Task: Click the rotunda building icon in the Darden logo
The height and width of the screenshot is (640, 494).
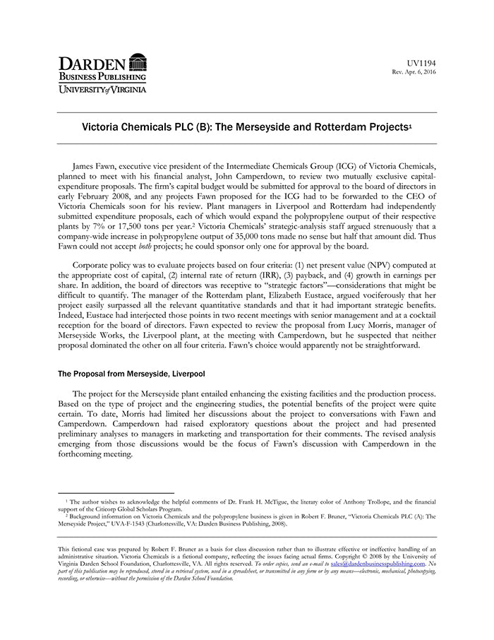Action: tap(138, 61)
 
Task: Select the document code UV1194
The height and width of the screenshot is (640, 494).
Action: tap(423, 64)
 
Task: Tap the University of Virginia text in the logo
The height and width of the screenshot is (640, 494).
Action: tap(102, 90)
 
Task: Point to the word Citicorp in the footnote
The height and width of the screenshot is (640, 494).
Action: tap(101, 508)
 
